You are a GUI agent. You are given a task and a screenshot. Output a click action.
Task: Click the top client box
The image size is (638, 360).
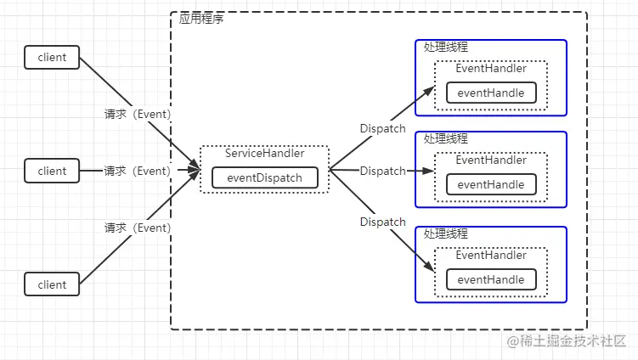(x=52, y=58)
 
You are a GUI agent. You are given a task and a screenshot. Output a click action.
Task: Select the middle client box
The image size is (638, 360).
(x=52, y=171)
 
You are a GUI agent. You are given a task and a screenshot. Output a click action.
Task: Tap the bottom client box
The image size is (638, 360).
(x=52, y=284)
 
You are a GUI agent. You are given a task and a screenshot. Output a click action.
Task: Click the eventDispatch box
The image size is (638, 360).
(x=264, y=178)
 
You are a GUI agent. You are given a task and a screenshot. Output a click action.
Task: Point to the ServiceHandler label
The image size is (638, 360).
(x=264, y=154)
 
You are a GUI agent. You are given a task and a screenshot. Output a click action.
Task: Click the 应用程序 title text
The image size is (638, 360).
(x=201, y=19)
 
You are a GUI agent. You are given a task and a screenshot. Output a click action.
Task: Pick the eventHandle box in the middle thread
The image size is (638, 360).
(x=491, y=184)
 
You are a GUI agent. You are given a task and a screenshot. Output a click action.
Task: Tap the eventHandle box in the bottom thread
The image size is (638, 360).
(x=491, y=279)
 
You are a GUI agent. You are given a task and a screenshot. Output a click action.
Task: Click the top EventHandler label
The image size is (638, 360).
(x=491, y=69)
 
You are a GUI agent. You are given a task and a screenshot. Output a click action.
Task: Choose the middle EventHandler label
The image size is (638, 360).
(x=491, y=160)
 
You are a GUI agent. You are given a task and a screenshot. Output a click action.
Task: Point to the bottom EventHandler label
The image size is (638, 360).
(x=491, y=255)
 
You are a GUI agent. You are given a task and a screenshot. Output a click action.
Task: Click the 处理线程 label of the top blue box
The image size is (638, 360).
(x=445, y=47)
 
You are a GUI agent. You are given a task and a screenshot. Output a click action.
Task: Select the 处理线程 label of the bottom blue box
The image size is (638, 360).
(x=445, y=233)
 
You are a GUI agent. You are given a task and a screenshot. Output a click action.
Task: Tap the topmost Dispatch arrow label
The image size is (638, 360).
(x=382, y=128)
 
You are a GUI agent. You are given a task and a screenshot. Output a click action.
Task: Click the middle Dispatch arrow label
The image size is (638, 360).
(x=382, y=171)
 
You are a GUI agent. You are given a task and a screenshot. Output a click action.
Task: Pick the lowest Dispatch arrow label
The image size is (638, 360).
(x=382, y=222)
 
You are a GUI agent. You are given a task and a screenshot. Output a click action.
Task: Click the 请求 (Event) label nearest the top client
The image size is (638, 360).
(x=137, y=115)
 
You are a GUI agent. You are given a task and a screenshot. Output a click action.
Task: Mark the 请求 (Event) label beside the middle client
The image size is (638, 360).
(x=137, y=171)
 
